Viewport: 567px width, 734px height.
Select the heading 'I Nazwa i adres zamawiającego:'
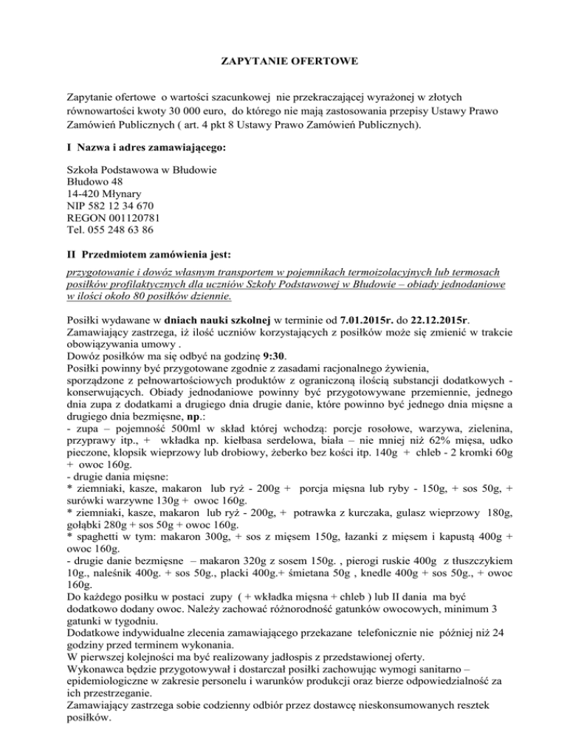tap(147, 148)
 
